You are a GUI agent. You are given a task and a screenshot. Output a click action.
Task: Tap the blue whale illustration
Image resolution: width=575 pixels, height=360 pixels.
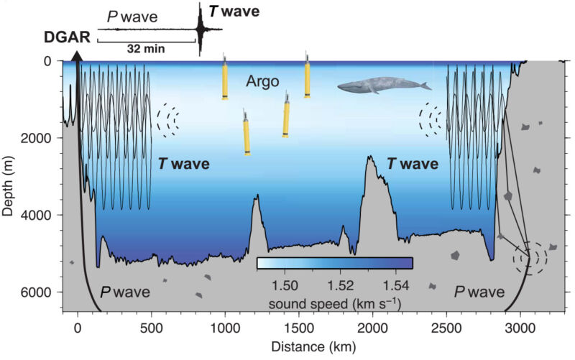(383, 86)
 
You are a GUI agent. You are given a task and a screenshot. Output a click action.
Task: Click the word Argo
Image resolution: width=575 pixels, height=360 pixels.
(264, 80)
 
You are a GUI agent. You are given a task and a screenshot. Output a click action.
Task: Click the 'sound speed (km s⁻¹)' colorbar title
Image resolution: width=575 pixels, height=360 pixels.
(334, 304)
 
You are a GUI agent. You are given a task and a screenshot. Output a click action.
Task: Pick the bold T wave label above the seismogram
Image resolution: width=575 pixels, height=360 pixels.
(234, 11)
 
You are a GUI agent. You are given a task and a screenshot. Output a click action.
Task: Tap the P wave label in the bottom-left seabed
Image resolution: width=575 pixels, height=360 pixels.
(124, 292)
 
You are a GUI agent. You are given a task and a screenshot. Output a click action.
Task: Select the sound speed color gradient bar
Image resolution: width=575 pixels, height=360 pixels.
(334, 262)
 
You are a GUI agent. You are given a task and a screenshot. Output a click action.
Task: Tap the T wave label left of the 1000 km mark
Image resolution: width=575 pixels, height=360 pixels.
(184, 164)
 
